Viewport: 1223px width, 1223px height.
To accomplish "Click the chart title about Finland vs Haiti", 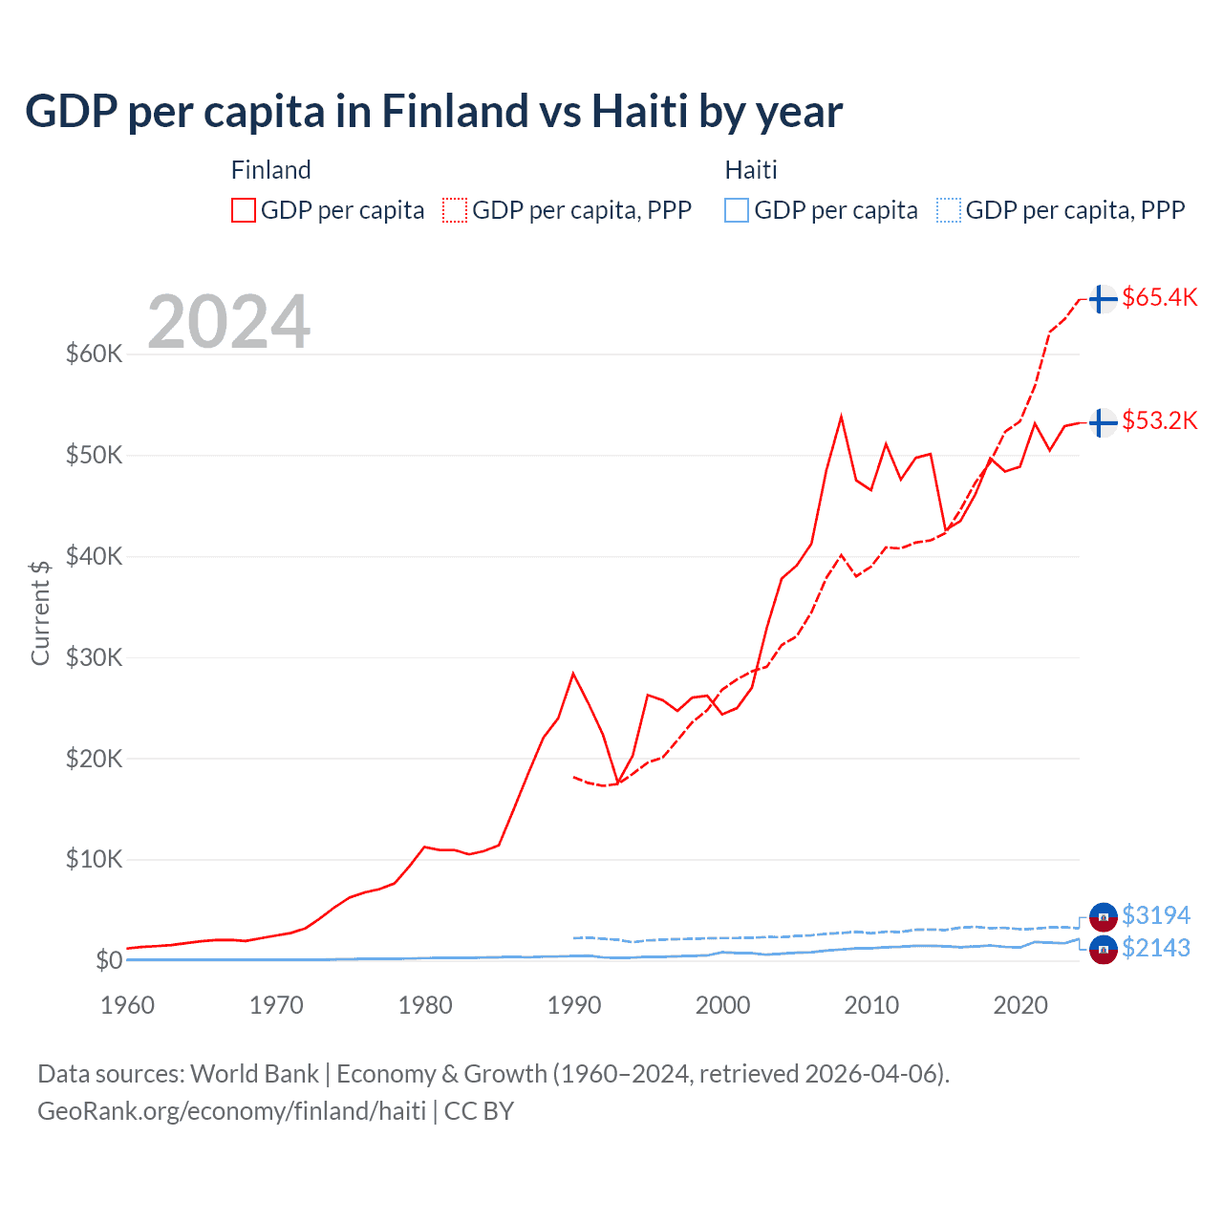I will pos(434,112).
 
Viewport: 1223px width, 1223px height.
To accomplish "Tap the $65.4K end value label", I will pos(1159,297).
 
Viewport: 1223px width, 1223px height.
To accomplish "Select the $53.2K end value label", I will pos(1159,420).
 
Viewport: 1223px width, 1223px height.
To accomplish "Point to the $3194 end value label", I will pos(1155,915).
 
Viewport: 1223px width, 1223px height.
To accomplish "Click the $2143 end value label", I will pos(1155,948).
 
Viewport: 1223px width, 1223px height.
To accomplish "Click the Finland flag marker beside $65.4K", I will pos(1103,298).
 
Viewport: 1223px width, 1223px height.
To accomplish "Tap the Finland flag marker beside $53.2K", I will pos(1103,421).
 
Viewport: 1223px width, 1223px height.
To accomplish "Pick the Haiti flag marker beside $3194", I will pos(1103,916).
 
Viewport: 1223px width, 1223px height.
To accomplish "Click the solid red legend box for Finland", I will pos(244,210).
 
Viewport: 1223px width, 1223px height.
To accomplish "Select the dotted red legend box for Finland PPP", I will pos(455,210).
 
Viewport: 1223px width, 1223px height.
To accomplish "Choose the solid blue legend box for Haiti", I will pos(737,210).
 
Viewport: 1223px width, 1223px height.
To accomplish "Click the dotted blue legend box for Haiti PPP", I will pos(948,210).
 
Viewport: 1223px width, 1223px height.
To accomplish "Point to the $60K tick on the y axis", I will pos(94,354).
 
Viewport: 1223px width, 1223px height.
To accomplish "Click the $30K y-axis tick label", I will pos(94,657).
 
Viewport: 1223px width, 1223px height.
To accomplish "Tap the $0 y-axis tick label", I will pos(108,960).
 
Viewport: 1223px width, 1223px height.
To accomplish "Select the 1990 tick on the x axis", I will pos(573,1005).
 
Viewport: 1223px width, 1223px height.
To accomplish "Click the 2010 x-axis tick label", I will pos(871,1005).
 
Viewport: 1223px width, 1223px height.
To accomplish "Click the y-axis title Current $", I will pos(40,612).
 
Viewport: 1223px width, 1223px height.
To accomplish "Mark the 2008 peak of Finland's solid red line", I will pos(841,417).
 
